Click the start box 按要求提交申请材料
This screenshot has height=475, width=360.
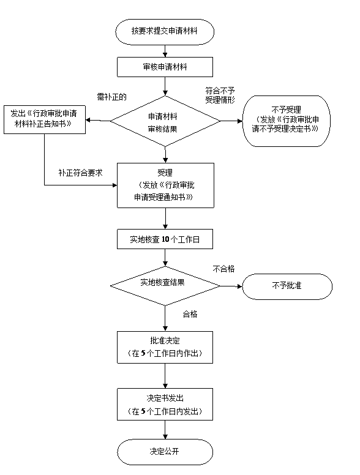[165, 32]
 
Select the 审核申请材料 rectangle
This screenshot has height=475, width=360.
[165, 67]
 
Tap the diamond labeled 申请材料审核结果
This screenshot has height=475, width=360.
[165, 121]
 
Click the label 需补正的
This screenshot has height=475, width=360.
[111, 97]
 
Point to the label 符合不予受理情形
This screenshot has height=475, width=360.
[220, 95]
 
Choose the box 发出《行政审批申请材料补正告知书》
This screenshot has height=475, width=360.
[45, 119]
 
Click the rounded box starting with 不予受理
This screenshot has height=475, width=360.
[287, 121]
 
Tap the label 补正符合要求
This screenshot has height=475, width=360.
[81, 173]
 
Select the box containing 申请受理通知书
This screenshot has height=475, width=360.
[165, 185]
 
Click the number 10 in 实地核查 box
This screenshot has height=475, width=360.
[165, 239]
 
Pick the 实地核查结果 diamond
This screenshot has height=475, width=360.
[165, 286]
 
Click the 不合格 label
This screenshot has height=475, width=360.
[223, 269]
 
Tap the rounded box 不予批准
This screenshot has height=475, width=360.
[287, 286]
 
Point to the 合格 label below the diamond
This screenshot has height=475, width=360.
[190, 314]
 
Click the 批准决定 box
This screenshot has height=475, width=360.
[165, 347]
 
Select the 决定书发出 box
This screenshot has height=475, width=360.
[165, 404]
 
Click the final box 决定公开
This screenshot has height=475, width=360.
[165, 452]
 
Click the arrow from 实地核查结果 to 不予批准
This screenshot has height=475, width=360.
[231, 286]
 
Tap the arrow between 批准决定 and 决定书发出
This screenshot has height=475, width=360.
[165, 376]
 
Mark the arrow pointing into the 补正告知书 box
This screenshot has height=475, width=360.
[98, 121]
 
